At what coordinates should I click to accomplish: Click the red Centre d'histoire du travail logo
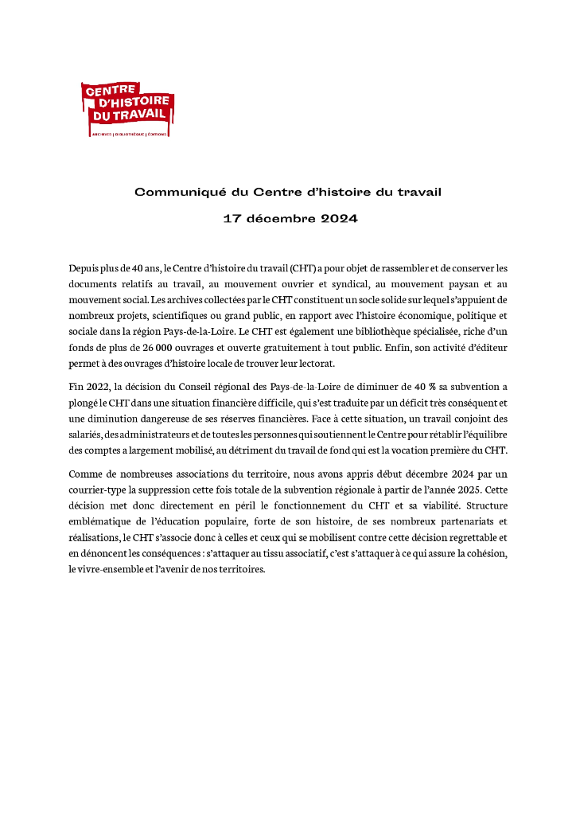(127, 108)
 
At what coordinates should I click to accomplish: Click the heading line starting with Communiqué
(287, 192)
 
